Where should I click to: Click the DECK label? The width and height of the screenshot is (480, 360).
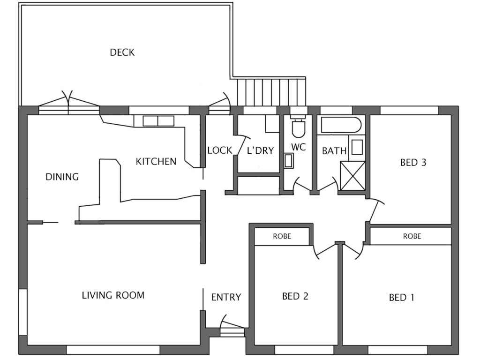tap(122, 52)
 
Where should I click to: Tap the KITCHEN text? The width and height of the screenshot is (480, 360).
tap(156, 161)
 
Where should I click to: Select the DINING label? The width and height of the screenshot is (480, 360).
tap(62, 177)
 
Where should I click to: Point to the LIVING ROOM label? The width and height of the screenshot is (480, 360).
tap(113, 295)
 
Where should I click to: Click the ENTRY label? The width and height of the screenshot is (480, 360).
tap(226, 297)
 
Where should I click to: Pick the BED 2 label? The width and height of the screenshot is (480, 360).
tap(295, 296)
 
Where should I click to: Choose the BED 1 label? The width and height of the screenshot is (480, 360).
tap(402, 297)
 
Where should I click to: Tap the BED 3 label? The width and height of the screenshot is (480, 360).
tap(413, 162)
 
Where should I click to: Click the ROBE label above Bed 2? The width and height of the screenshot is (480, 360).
tap(282, 236)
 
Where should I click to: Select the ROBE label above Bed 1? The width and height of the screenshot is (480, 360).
tap(412, 236)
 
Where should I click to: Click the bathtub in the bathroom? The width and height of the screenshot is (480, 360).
tap(341, 125)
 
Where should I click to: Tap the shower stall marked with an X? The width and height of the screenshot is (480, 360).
tap(352, 176)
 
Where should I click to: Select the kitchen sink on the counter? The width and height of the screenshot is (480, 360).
tap(158, 121)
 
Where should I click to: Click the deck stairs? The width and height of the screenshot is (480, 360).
tap(271, 92)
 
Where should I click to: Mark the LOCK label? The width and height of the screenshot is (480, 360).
tap(220, 150)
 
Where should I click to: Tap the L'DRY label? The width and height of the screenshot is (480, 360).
tap(260, 150)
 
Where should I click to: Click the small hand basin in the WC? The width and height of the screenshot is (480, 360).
tap(288, 161)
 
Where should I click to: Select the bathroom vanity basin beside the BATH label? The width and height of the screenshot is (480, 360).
tap(357, 148)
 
